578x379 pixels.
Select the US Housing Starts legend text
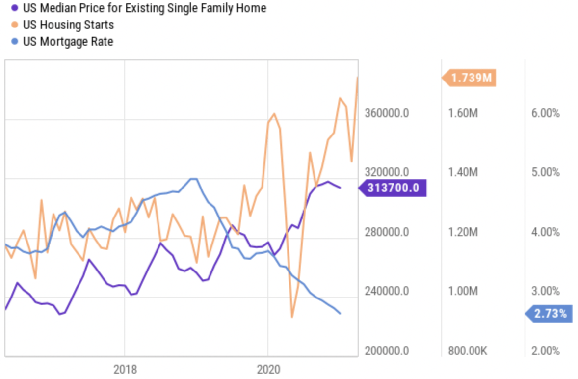[68, 25]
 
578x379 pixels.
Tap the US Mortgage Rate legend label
[68, 42]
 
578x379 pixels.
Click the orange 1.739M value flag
[470, 78]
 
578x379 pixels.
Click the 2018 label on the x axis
[125, 370]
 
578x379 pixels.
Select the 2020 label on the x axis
[268, 370]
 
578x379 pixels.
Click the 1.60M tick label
[463, 113]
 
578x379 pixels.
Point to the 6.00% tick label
[546, 113]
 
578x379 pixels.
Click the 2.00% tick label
[546, 351]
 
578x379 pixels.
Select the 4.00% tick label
[546, 232]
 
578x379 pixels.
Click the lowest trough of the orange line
[292, 317]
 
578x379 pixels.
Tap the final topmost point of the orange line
[358, 77]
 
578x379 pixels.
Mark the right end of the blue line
[340, 313]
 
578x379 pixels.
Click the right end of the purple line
[340, 188]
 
